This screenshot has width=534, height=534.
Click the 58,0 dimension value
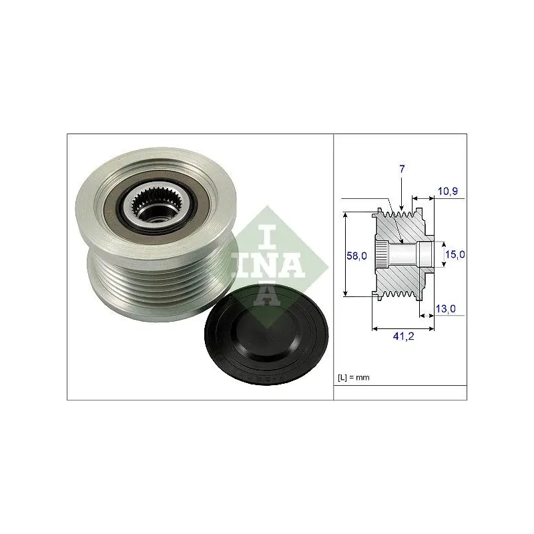(x=358, y=256)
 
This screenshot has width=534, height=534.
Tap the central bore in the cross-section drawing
(x=407, y=254)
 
